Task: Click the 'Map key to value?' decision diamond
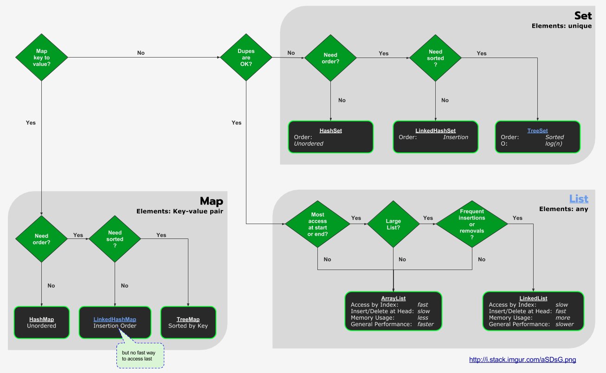(x=42, y=58)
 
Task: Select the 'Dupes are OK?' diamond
(x=246, y=58)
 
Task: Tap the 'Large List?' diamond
(x=393, y=224)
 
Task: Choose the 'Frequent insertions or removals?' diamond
(x=472, y=224)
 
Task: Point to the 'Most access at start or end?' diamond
(x=318, y=224)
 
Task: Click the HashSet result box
(x=330, y=137)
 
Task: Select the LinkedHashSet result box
(x=435, y=137)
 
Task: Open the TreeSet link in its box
(x=537, y=131)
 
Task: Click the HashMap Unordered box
(x=41, y=322)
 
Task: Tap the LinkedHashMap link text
(x=115, y=319)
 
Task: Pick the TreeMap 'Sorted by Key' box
(x=188, y=322)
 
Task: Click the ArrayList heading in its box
(x=393, y=298)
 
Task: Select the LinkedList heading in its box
(x=533, y=298)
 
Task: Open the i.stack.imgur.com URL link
(x=522, y=360)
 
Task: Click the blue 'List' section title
(x=579, y=199)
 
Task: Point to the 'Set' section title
(x=583, y=16)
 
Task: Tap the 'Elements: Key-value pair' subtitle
(x=180, y=211)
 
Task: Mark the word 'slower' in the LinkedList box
(x=564, y=324)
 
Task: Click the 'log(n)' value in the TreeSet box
(x=554, y=144)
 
